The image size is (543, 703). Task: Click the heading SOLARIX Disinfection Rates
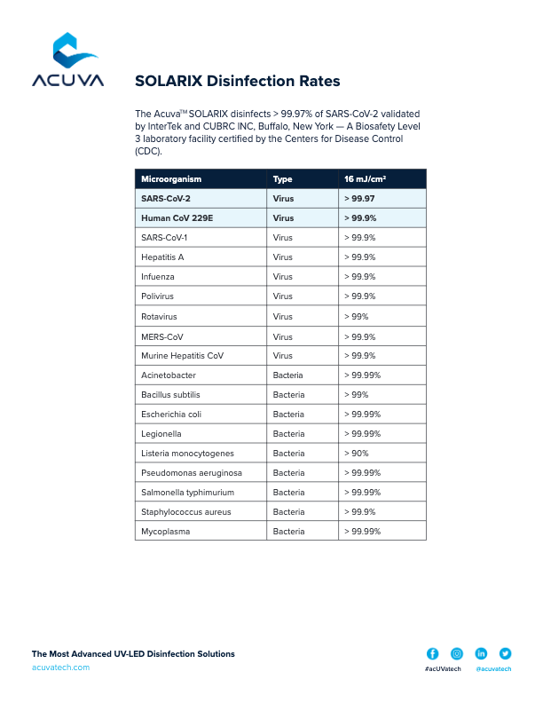(x=237, y=81)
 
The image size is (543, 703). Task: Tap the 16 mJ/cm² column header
(x=365, y=179)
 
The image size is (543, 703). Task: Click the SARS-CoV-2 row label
(x=166, y=199)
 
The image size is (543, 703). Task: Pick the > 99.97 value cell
(x=359, y=199)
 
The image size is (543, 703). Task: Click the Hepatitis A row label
(x=162, y=257)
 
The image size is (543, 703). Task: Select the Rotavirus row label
(x=160, y=317)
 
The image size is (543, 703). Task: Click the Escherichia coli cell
(x=171, y=415)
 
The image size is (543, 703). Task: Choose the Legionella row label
(x=161, y=434)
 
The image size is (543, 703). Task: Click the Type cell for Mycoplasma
(x=287, y=532)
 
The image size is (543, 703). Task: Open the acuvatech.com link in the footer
(x=60, y=667)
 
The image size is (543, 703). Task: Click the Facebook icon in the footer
(x=433, y=653)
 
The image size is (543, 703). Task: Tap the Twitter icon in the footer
(x=506, y=653)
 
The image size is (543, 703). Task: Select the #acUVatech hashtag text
(x=442, y=669)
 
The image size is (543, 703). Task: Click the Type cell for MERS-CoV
(x=283, y=336)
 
